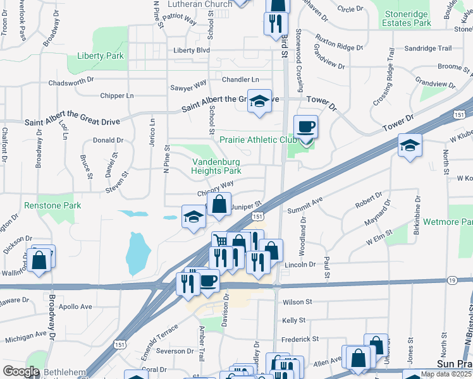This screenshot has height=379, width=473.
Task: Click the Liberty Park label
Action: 100,56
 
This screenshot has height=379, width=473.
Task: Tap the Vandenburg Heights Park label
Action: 217,166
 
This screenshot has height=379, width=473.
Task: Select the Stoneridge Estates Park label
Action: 407,18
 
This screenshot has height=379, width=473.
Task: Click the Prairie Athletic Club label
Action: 253,140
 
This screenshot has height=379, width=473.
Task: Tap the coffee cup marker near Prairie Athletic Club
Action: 306,127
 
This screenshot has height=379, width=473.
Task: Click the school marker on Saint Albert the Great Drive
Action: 259,101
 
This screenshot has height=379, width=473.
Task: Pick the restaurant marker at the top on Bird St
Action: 275,23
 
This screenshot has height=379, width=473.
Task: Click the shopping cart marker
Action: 219,241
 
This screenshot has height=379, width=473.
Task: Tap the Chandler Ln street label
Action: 240,80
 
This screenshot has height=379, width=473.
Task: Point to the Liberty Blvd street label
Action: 192,50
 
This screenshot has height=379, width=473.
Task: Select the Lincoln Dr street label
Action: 300,264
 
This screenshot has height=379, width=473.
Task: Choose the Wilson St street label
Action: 298,302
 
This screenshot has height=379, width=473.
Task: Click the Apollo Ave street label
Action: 75,306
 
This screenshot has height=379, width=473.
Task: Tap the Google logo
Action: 21,371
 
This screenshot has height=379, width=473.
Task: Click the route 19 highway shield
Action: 451,280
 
